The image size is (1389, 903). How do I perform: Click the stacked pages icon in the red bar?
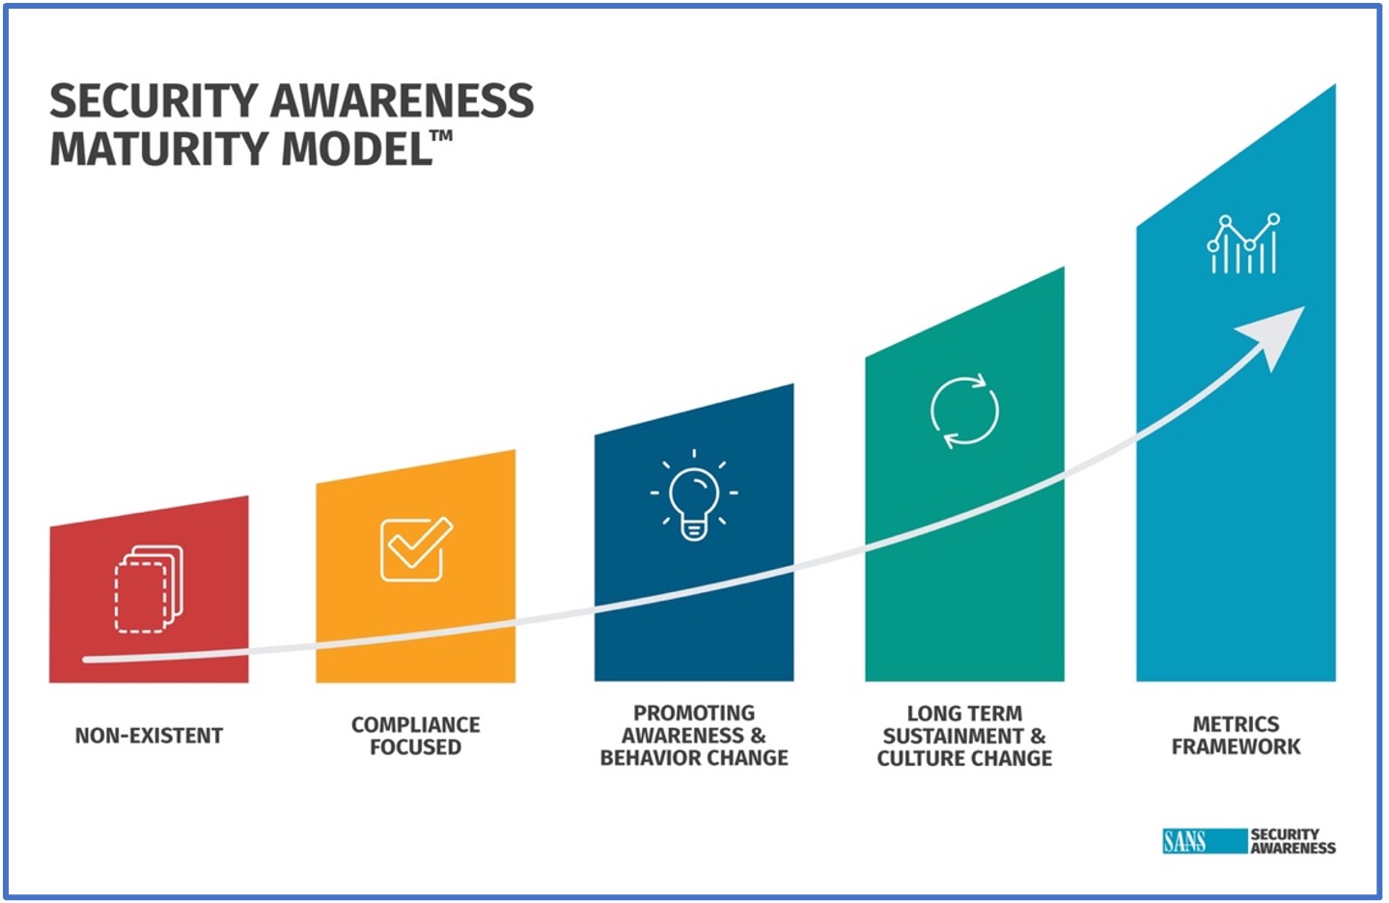(149, 588)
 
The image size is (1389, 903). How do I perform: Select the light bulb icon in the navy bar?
(694, 495)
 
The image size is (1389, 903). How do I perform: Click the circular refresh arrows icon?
(964, 410)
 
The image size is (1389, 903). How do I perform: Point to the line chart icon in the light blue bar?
(1243, 243)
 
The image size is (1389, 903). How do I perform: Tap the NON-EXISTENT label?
(149, 735)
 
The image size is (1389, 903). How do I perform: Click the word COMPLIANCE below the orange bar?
(415, 724)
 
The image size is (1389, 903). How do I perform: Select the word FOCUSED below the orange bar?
(415, 747)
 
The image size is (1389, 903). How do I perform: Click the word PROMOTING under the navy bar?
(694, 713)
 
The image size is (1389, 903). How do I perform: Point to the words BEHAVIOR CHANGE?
(694, 758)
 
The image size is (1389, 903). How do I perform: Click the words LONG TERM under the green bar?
(964, 713)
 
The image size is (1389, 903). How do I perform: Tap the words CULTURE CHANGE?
(964, 758)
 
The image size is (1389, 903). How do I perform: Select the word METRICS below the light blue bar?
(1236, 723)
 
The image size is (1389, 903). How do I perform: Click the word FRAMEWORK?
(1236, 746)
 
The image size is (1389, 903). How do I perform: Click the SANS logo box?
(1205, 841)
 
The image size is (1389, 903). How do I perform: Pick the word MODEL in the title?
(356, 149)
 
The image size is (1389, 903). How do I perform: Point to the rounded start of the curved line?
(87, 659)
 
